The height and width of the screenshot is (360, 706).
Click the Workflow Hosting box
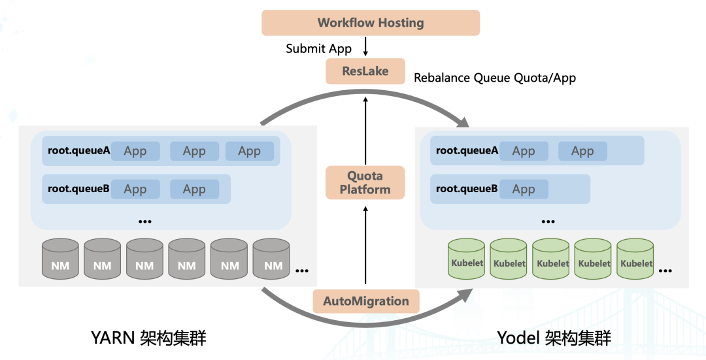coord(371,23)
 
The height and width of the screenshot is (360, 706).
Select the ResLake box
coord(365,71)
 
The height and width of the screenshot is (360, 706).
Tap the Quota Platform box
coord(365,183)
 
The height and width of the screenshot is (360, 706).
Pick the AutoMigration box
coord(365,301)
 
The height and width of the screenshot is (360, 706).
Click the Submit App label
coord(318,48)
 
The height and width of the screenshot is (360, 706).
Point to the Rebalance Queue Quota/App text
coord(495,78)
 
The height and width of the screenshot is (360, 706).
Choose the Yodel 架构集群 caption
coord(554,338)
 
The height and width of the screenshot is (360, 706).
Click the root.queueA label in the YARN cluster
coord(78,151)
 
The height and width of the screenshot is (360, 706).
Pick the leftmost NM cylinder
coord(60,259)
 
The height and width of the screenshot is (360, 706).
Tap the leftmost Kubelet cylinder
coord(466,259)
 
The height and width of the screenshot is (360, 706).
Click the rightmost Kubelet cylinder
coord(635,259)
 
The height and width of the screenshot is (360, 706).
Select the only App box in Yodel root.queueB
coord(524,189)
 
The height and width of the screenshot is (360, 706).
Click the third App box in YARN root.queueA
coord(249,151)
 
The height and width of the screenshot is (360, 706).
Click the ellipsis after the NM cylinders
coord(302,270)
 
